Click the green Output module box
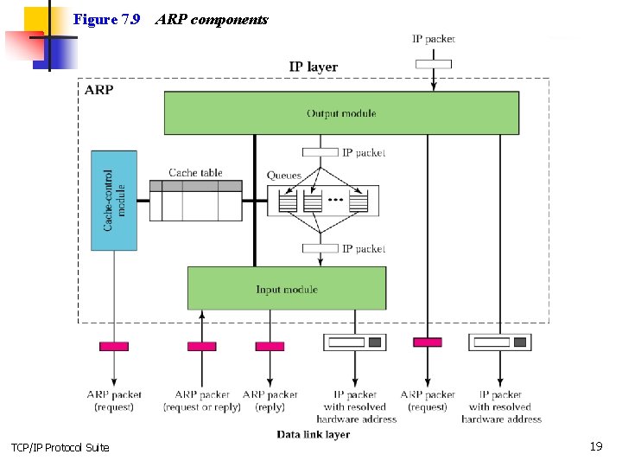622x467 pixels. pos(341,113)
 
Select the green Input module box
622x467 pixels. pos(287,289)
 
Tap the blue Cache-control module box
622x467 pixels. pos(114,201)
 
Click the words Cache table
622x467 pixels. pos(195,173)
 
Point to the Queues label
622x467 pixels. pos(284,176)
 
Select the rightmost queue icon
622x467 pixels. pos(359,203)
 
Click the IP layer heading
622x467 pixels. pos(313,67)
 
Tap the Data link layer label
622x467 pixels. pos(313,434)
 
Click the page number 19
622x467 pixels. pos(595,446)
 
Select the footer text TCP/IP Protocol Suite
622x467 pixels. pos(60,447)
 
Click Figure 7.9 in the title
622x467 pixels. pos(106,19)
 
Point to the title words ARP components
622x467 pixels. pos(212,19)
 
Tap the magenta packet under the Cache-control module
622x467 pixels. pos(114,346)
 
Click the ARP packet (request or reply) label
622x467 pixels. pos(202,400)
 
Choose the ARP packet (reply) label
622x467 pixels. pos(270,400)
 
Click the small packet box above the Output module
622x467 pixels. pos(433,63)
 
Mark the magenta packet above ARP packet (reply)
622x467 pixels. pos(270,346)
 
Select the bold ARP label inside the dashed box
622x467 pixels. pos(99,89)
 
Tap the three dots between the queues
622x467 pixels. pos(335,201)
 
